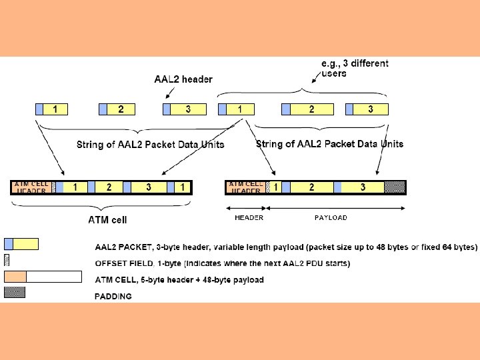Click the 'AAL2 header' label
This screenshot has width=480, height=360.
click(183, 79)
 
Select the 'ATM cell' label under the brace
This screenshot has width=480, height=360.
click(107, 219)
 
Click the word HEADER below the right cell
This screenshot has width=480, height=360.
click(249, 217)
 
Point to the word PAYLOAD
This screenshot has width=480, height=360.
click(331, 217)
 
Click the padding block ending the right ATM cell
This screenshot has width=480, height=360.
click(395, 187)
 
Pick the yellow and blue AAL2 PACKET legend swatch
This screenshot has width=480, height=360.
click(21, 244)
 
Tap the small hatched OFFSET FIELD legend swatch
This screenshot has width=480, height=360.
click(7, 260)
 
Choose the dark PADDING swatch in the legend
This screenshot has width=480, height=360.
click(15, 292)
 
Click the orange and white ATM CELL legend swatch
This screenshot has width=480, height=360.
click(43, 276)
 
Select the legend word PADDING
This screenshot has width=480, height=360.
click(113, 296)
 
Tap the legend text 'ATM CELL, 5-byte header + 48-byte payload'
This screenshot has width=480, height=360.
click(179, 280)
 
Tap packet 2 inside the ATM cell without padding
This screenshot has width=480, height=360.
click(109, 187)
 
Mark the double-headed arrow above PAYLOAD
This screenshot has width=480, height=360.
click(336, 208)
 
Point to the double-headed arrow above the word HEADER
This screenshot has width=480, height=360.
click(247, 208)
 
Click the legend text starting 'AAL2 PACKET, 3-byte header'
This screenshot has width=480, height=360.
click(286, 247)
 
